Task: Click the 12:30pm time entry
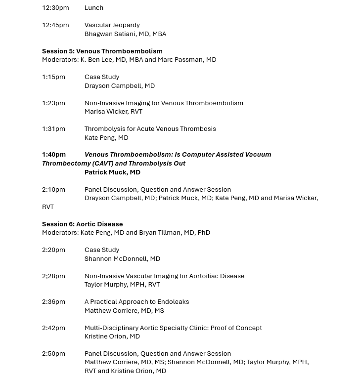click(55, 8)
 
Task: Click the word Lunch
click(94, 8)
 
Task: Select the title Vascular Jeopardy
click(112, 25)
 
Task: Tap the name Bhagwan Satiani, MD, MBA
click(125, 34)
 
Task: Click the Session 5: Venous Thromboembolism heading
click(102, 51)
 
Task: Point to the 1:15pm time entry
click(53, 77)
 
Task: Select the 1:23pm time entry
click(53, 103)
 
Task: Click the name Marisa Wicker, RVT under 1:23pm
click(113, 112)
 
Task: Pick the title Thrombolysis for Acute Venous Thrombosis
click(150, 129)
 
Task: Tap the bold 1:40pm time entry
click(54, 155)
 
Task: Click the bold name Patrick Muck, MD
click(112, 172)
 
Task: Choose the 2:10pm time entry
click(53, 190)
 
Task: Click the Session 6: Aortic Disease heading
click(83, 224)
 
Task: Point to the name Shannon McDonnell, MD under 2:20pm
click(122, 259)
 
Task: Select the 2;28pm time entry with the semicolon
click(53, 276)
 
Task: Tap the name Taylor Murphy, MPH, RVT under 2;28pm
click(122, 285)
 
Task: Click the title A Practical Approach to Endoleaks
click(136, 302)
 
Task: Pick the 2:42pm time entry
click(53, 328)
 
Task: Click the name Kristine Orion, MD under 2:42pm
click(112, 337)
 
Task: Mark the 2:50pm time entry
click(53, 354)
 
